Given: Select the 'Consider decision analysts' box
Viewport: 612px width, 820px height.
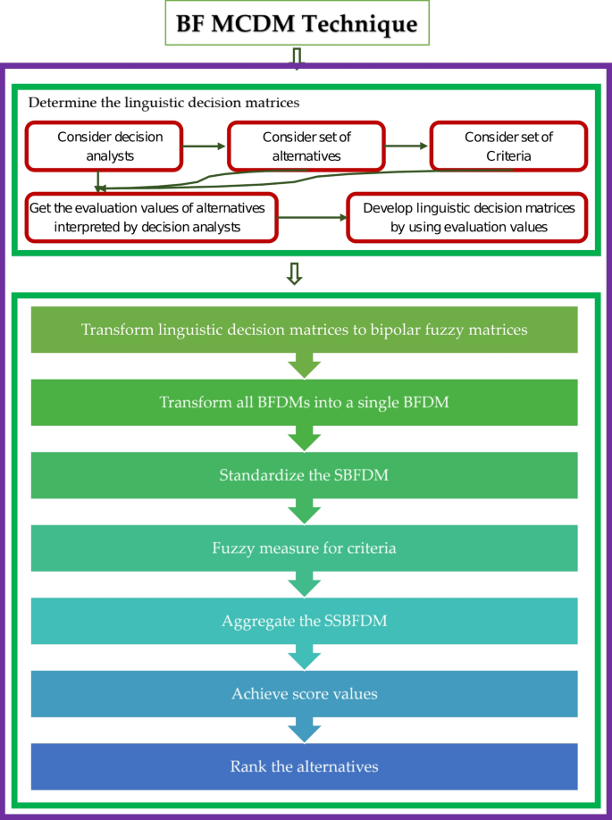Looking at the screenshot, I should (x=105, y=146).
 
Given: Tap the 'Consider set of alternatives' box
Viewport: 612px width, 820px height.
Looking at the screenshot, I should (x=306, y=146).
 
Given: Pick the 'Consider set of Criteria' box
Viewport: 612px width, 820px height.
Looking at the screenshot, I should (x=508, y=146).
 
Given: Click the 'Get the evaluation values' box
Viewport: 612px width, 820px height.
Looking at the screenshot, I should (x=151, y=217).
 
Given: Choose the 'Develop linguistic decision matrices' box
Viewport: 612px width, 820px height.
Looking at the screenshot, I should (x=468, y=217).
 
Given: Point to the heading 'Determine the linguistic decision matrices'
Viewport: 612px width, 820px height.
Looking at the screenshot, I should (x=164, y=103).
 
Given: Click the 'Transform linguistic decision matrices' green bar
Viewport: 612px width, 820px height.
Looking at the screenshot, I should (x=305, y=330).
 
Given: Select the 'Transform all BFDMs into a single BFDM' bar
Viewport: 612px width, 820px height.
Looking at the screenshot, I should (x=305, y=402).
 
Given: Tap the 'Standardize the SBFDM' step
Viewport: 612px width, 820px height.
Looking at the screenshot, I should (x=305, y=475).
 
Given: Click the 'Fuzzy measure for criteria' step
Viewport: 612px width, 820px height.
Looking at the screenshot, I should (x=305, y=548).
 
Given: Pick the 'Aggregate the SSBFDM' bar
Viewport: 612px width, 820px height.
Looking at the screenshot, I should (x=305, y=621).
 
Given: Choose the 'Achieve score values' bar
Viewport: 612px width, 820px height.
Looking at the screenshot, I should (x=305, y=694).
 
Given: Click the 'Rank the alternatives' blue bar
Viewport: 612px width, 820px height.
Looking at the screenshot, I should (x=305, y=766).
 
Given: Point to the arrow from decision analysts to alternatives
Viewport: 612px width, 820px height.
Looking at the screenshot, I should (x=205, y=146).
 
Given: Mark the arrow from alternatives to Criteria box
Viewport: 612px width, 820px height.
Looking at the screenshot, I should (x=407, y=146).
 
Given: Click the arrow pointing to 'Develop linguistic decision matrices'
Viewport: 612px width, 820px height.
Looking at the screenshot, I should (x=312, y=217).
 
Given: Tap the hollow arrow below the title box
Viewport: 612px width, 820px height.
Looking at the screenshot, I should (x=298, y=56).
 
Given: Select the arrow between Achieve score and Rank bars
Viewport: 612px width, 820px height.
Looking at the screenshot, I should (x=305, y=731).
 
